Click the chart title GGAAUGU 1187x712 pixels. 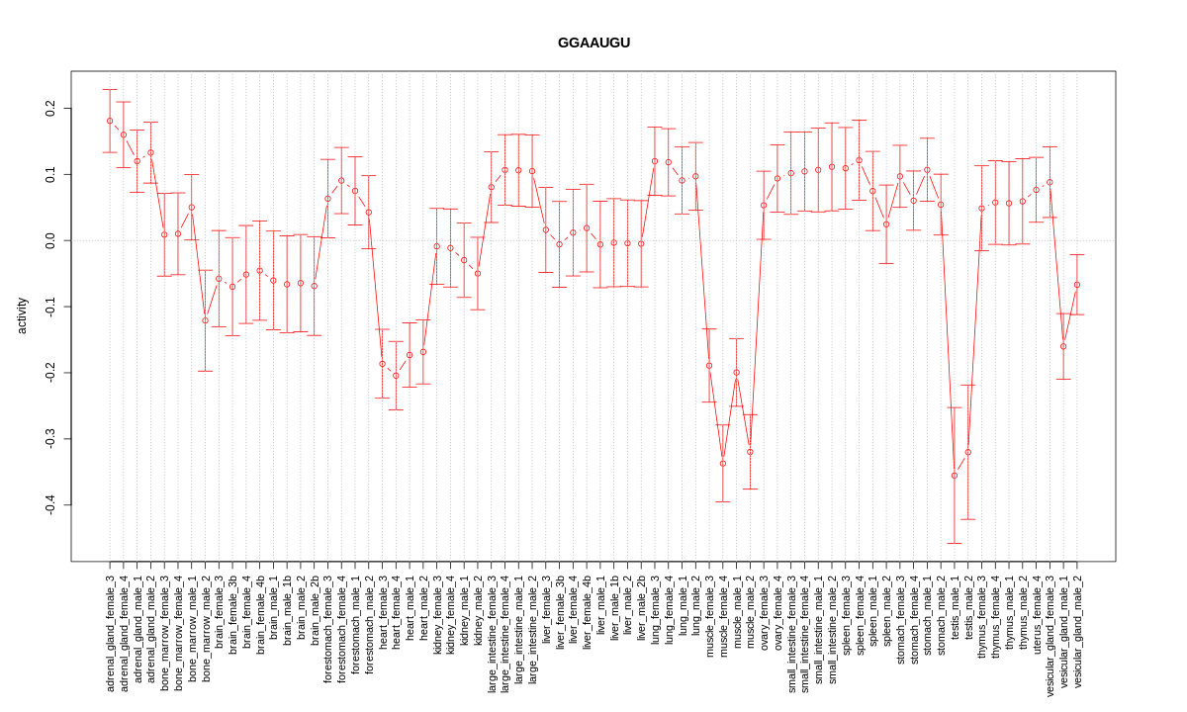593,43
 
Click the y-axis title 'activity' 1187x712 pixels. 22,315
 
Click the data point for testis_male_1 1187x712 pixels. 955,476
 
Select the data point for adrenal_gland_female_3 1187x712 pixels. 110,121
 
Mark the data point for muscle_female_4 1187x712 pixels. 723,463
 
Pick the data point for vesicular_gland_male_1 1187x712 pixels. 1063,346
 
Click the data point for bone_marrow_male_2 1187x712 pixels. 206,320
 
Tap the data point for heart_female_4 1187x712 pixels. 396,376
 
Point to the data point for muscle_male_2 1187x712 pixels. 750,452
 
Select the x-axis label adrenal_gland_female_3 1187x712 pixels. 110,633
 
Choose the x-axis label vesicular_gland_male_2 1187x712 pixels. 1077,632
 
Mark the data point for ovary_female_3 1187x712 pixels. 764,206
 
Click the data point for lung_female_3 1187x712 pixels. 655,161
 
